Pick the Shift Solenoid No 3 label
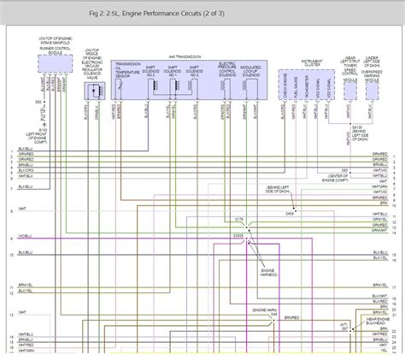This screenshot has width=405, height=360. pyautogui.click(x=196, y=72)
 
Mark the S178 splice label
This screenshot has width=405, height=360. pyautogui.click(x=240, y=220)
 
